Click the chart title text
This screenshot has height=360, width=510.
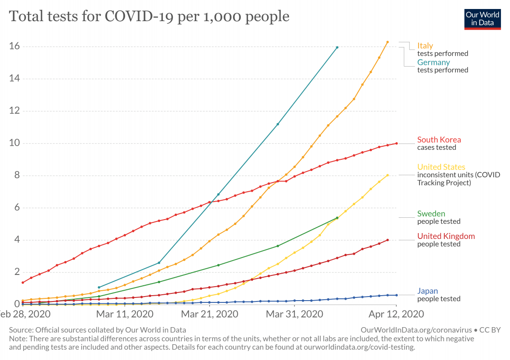click(149, 17)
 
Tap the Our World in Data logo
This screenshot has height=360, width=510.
click(483, 18)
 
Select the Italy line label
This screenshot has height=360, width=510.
click(425, 45)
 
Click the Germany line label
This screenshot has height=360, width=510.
click(433, 62)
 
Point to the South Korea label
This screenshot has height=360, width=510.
click(439, 139)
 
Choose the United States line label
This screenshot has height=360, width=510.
click(441, 167)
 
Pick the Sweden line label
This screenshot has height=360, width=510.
click(431, 214)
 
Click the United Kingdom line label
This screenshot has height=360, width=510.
click(446, 236)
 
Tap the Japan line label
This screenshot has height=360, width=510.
click(427, 291)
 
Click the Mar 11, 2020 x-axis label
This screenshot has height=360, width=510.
click(125, 313)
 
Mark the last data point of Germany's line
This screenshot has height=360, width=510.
click(337, 47)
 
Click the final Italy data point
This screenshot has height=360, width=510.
click(388, 42)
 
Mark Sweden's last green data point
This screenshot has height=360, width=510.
click(337, 218)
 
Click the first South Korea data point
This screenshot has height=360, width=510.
click(23, 283)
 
